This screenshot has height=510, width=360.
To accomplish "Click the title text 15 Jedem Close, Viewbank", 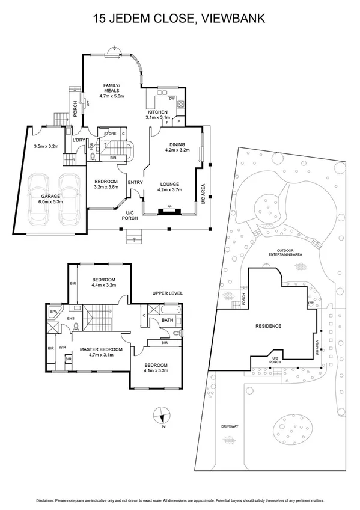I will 180,20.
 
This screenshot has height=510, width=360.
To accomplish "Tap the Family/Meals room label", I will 111,88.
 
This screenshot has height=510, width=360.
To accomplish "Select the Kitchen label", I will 158,112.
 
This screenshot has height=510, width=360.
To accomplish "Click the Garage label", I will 50,196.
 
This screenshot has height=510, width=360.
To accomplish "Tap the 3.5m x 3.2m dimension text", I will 46,146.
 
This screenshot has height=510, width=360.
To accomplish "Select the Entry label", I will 135,183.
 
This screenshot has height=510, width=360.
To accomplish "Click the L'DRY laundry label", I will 79,140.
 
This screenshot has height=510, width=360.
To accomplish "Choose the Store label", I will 110,134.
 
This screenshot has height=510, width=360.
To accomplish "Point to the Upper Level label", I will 168,293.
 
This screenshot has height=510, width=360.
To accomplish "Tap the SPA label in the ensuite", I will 53,312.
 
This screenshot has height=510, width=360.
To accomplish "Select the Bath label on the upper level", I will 168,321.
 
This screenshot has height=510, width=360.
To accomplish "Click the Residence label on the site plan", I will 269,327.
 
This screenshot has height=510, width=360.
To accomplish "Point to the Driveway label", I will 230,426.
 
